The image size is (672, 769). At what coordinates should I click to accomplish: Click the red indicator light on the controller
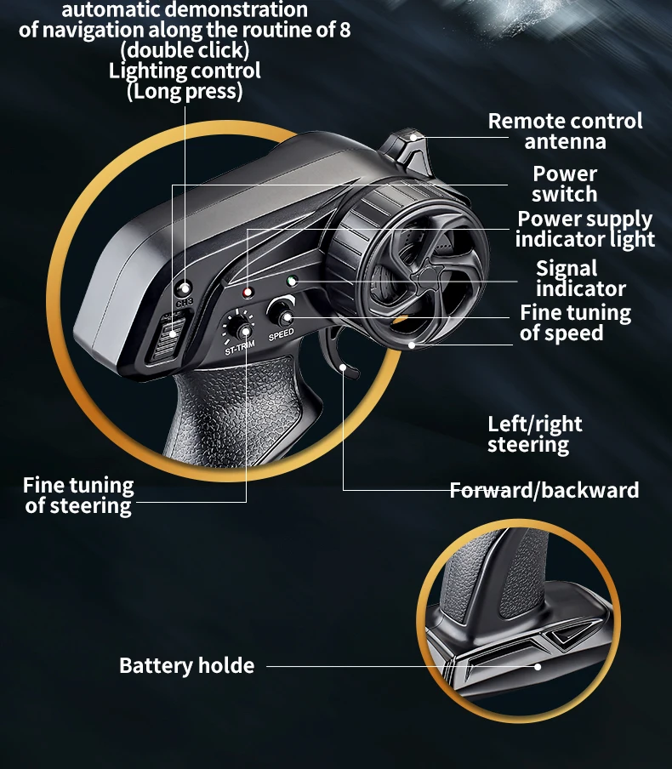tap(248, 293)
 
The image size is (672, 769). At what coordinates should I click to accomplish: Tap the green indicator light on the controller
tap(291, 280)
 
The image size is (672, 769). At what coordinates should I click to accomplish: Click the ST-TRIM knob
tap(241, 329)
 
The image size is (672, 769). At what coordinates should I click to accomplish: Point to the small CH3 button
tap(183, 288)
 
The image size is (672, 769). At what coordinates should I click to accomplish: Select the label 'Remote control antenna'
tap(565, 131)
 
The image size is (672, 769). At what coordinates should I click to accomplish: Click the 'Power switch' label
tap(565, 184)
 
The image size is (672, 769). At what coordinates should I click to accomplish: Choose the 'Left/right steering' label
tap(534, 434)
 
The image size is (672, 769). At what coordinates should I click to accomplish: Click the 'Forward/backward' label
tap(544, 490)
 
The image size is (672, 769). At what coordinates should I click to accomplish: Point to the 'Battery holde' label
tap(186, 665)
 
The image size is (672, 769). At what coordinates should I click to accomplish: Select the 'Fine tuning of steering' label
tap(78, 496)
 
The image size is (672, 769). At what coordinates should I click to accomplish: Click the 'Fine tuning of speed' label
tap(575, 322)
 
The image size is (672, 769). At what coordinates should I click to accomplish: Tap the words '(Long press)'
tap(185, 91)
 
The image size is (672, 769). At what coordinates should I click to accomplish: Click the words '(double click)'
tap(185, 50)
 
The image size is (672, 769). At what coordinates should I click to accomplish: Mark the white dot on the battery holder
tap(538, 666)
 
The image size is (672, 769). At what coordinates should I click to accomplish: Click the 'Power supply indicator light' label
tap(584, 229)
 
